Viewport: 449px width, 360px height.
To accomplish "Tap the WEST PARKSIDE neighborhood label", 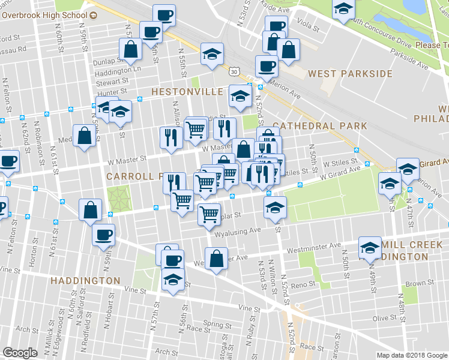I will [350, 74].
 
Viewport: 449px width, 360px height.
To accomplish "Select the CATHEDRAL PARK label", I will [319, 126].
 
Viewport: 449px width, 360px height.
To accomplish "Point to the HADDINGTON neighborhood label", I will [85, 281].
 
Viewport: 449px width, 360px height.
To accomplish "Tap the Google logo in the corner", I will [20, 353].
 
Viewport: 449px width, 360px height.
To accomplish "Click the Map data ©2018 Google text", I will [412, 355].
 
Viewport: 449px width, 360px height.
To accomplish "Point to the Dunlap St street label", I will [107, 61].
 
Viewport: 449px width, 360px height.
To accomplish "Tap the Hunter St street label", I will [110, 92].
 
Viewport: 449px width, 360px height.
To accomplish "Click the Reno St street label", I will [304, 284].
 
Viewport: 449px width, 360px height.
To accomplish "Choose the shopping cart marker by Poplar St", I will [209, 214].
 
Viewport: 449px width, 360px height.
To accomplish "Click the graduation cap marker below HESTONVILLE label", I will [240, 97].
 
